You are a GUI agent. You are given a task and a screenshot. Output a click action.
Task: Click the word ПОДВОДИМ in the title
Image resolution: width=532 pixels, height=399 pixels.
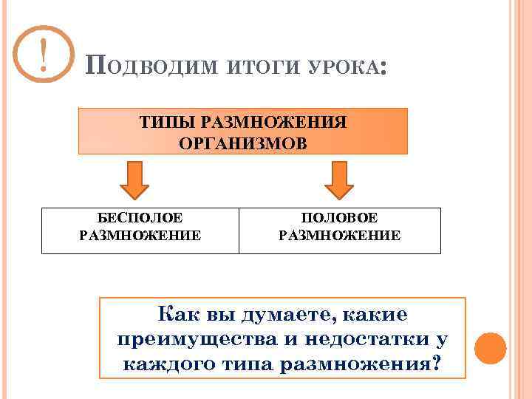coord(151,67)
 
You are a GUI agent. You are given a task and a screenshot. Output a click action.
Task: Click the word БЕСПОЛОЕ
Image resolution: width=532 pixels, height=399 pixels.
coord(140,219)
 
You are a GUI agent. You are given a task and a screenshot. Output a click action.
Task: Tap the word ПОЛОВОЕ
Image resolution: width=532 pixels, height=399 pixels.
coord(339,219)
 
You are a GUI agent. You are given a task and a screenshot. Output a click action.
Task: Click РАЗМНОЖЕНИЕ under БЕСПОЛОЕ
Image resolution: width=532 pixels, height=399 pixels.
coord(140,236)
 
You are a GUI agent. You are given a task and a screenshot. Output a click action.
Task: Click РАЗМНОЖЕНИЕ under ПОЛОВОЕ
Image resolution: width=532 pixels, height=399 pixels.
coord(339,236)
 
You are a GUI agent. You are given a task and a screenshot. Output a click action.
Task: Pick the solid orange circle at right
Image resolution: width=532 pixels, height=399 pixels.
coord(490,347)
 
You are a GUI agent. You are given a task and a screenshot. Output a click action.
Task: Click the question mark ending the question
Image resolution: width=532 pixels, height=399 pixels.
coord(438,364)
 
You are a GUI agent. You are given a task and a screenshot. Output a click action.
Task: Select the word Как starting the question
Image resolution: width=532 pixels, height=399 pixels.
coord(176,315)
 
